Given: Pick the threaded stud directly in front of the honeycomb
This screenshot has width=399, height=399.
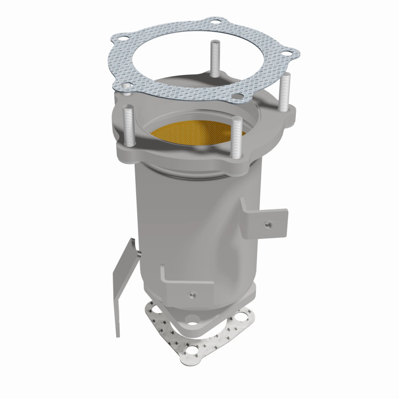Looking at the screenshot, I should pyautogui.click(x=237, y=137).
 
